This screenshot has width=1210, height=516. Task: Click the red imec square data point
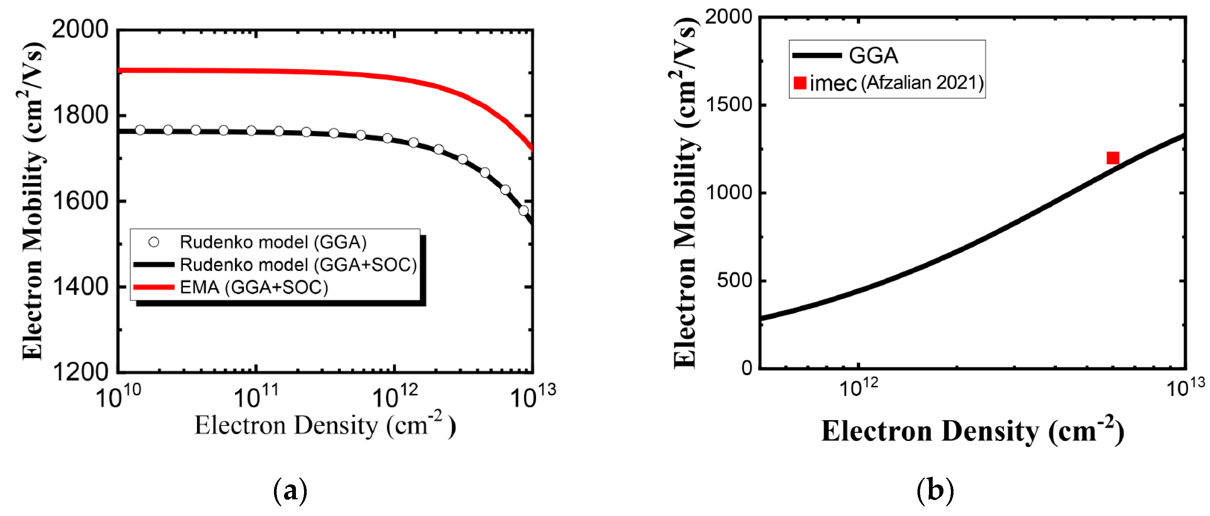coord(1113,158)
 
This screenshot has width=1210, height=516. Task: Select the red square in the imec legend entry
coord(800,83)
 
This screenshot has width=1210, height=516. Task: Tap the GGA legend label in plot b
coord(873,56)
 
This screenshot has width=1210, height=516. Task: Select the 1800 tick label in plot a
coord(80,115)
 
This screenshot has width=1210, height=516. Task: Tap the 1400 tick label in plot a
coord(80,286)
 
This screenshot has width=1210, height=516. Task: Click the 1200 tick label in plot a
coord(80,372)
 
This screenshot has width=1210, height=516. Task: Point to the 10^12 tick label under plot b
coord(858,387)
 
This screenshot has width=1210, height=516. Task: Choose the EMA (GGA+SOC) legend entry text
coord(254,287)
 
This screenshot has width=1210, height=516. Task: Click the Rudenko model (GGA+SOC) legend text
coord(298,265)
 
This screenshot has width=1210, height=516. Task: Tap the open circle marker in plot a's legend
coord(154,242)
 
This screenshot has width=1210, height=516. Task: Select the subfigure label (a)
coord(290,491)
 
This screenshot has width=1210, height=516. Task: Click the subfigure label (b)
coord(935,491)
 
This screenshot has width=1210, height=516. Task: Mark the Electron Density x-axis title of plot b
coord(972,431)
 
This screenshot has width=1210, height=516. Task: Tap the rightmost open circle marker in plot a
coord(524,210)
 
